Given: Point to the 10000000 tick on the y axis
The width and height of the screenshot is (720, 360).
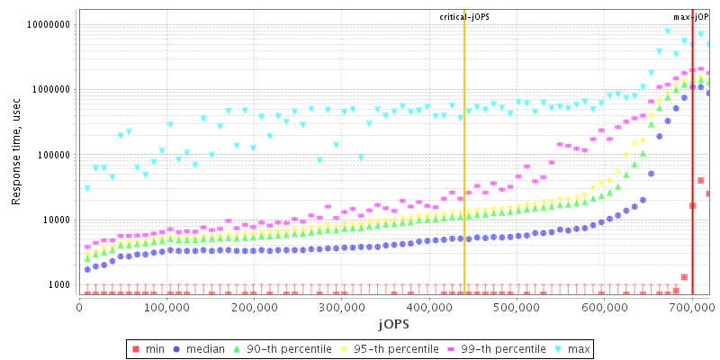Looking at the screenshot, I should point(47,25).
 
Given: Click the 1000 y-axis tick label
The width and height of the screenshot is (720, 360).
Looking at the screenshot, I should point(58,284).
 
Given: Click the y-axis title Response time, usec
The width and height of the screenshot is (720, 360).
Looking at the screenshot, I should point(16,152).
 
